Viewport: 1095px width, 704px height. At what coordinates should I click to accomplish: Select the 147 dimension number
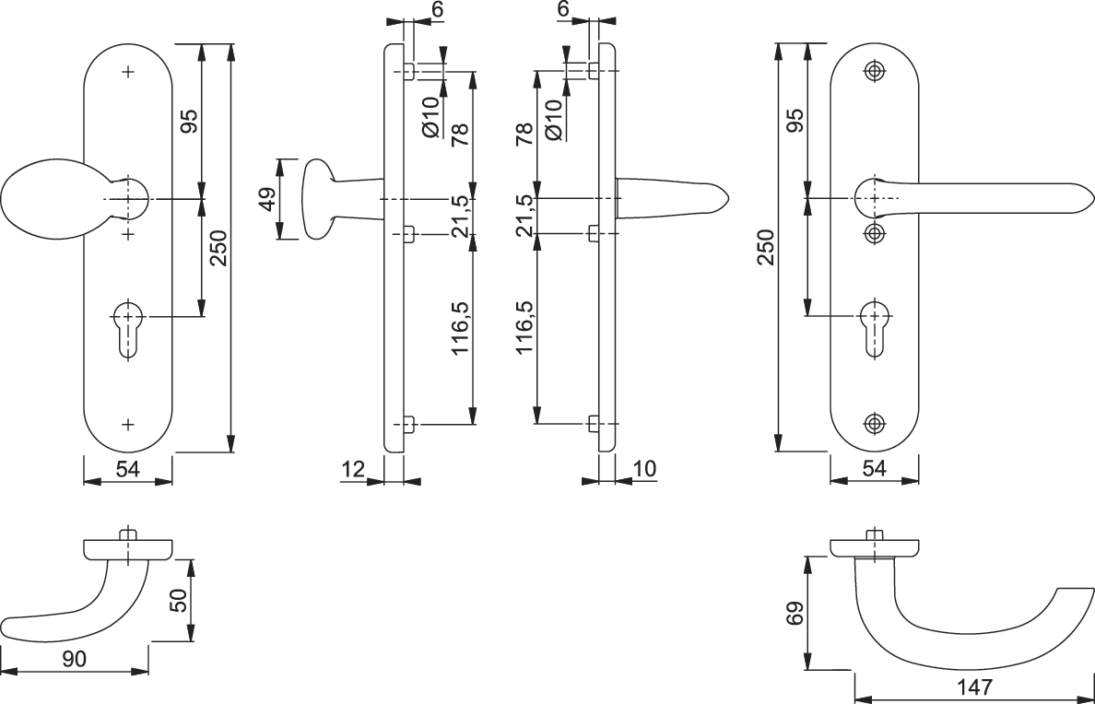pyautogui.click(x=975, y=687)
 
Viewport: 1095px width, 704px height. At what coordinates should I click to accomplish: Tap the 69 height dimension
pyautogui.click(x=795, y=613)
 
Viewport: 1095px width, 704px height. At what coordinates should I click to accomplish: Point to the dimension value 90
pyautogui.click(x=74, y=659)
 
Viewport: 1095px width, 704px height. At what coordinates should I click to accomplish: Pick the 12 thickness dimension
pyautogui.click(x=354, y=469)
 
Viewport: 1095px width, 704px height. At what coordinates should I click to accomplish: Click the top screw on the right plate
pyautogui.click(x=874, y=71)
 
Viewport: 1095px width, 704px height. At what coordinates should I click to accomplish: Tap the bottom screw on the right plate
pyautogui.click(x=874, y=423)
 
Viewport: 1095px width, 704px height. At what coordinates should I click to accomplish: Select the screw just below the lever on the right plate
pyautogui.click(x=874, y=233)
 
